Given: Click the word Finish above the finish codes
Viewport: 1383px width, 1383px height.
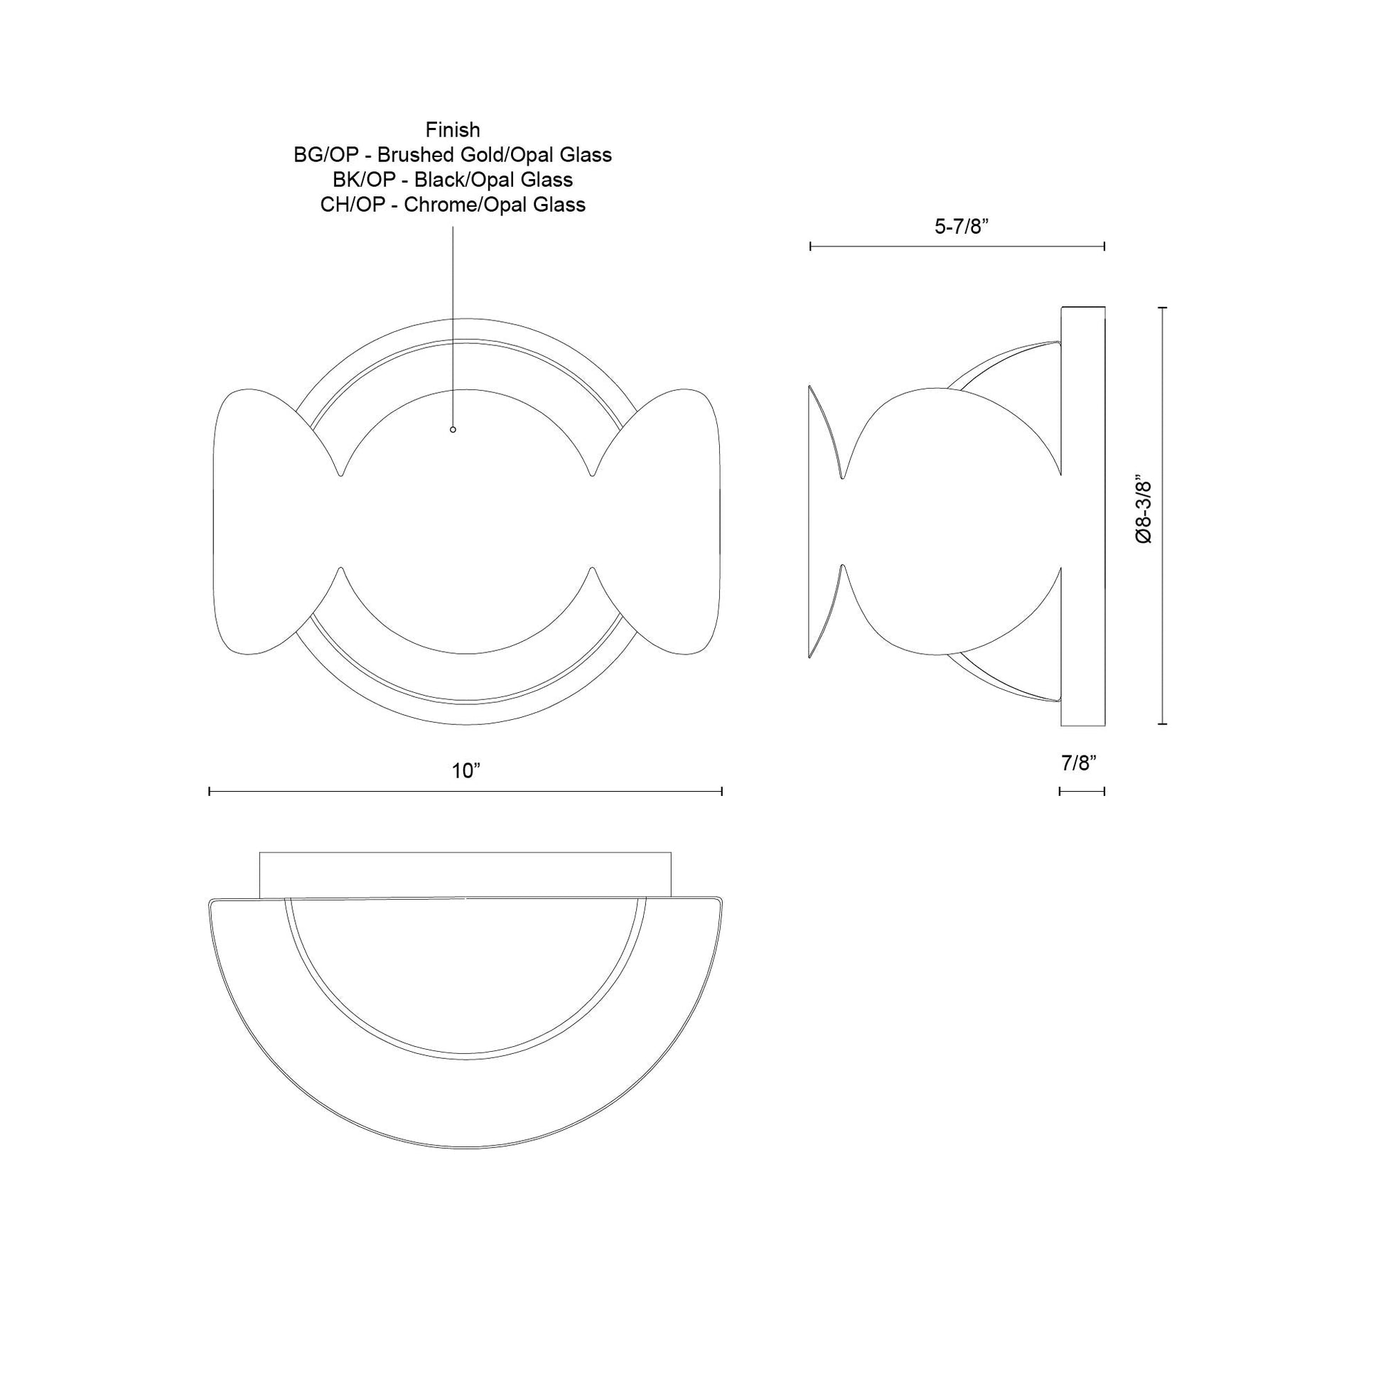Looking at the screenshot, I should click(453, 130).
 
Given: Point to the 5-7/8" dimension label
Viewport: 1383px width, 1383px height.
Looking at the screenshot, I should click(961, 227).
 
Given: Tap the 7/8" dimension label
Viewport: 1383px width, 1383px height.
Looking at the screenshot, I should click(1079, 764).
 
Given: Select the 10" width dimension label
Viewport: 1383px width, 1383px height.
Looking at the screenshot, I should click(466, 771).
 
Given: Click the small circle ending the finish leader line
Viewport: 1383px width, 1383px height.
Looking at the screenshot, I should click(453, 429).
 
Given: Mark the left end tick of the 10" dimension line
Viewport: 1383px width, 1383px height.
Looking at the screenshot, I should click(210, 791).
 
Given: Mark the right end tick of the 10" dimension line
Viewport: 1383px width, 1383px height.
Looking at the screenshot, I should click(721, 791).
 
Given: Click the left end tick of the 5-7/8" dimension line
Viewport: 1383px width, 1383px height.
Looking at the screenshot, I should click(810, 246).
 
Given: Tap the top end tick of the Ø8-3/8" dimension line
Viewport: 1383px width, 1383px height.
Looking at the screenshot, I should click(1162, 307).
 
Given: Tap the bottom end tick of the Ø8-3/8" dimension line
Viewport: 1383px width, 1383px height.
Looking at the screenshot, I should click(1162, 724).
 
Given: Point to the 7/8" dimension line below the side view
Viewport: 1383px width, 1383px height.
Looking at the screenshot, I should click(1082, 791).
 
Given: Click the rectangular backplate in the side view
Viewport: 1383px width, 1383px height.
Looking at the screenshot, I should click(1082, 515).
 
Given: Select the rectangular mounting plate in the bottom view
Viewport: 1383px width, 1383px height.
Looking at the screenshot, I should click(466, 873).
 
